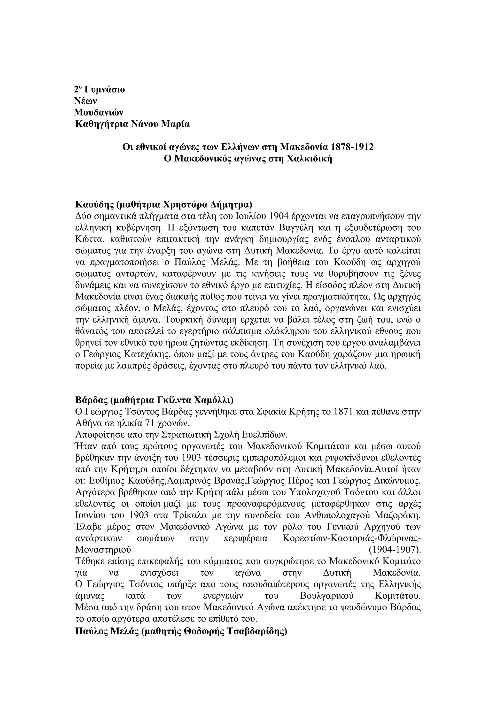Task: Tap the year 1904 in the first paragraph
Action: (278, 216)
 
